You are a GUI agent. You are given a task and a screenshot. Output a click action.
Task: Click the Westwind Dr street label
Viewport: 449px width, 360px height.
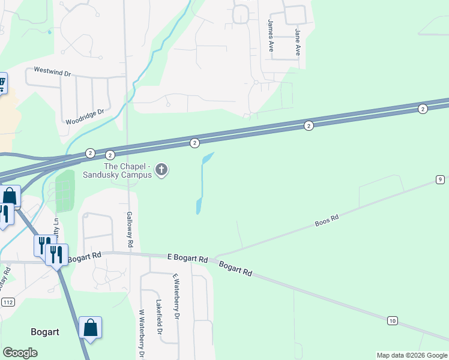pyautogui.click(x=53, y=73)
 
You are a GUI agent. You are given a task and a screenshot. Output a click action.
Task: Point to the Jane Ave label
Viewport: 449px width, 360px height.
pyautogui.click(x=297, y=41)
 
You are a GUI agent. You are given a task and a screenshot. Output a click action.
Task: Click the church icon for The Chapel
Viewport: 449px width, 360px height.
pyautogui.click(x=161, y=171)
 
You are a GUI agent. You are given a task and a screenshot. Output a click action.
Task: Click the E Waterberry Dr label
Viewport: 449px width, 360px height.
pyautogui.click(x=176, y=297)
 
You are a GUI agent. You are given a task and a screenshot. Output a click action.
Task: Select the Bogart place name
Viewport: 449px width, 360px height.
pyautogui.click(x=46, y=331)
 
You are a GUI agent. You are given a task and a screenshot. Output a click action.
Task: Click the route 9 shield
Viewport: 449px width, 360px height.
pyautogui.click(x=440, y=179)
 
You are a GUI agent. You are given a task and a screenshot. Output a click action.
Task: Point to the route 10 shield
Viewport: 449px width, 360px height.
pyautogui.click(x=392, y=321)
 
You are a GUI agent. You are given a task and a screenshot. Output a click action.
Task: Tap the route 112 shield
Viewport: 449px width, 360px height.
pyautogui.click(x=8, y=301)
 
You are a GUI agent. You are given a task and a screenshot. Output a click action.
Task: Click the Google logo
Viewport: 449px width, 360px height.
pyautogui.click(x=20, y=352)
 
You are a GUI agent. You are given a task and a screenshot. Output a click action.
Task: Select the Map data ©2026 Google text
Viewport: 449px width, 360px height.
pyautogui.click(x=412, y=355)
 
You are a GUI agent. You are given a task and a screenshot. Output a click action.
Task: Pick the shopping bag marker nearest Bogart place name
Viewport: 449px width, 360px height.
pyautogui.click(x=90, y=328)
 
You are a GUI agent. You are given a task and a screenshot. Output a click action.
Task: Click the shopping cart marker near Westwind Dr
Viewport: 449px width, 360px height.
pyautogui.click(x=2, y=82)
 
